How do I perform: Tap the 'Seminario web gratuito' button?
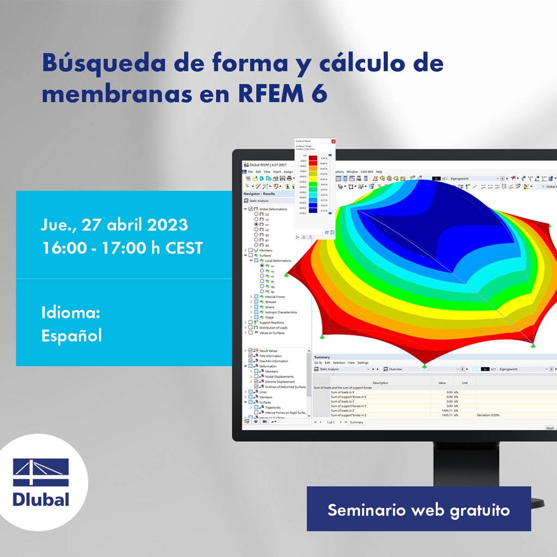[418, 510]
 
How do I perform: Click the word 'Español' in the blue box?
[71, 335]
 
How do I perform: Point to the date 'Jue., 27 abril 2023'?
[114, 224]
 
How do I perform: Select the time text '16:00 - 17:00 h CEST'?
[122, 248]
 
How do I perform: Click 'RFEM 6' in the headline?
[282, 93]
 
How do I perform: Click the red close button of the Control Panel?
[333, 141]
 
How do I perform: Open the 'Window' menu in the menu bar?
[352, 172]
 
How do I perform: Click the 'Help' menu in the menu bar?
[379, 172]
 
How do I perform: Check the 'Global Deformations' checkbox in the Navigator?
[250, 209]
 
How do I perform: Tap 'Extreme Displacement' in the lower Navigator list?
[280, 381]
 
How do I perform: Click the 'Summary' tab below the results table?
[356, 422]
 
